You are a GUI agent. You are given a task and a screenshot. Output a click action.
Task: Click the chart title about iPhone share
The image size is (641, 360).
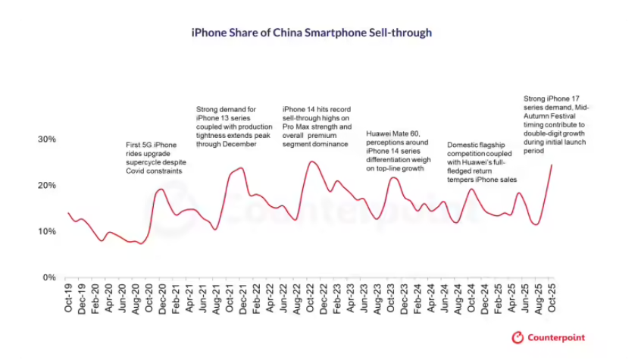(311, 33)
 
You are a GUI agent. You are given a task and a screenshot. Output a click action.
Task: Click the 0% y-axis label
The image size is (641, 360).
(49, 277)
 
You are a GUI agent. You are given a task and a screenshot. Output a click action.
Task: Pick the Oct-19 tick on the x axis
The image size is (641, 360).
(68, 296)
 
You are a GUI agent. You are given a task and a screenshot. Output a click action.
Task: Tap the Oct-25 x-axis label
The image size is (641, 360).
(552, 296)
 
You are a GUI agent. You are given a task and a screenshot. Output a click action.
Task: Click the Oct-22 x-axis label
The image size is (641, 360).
(311, 296)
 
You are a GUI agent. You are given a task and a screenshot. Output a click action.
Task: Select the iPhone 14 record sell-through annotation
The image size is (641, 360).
(315, 126)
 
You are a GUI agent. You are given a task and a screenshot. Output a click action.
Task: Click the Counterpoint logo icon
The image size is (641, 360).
(518, 337)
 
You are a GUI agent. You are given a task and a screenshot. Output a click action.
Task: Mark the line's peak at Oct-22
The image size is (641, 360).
(311, 161)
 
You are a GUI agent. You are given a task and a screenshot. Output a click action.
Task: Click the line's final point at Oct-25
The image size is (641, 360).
(552, 164)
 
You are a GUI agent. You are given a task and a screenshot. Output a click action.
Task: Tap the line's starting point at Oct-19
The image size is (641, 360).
(68, 213)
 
